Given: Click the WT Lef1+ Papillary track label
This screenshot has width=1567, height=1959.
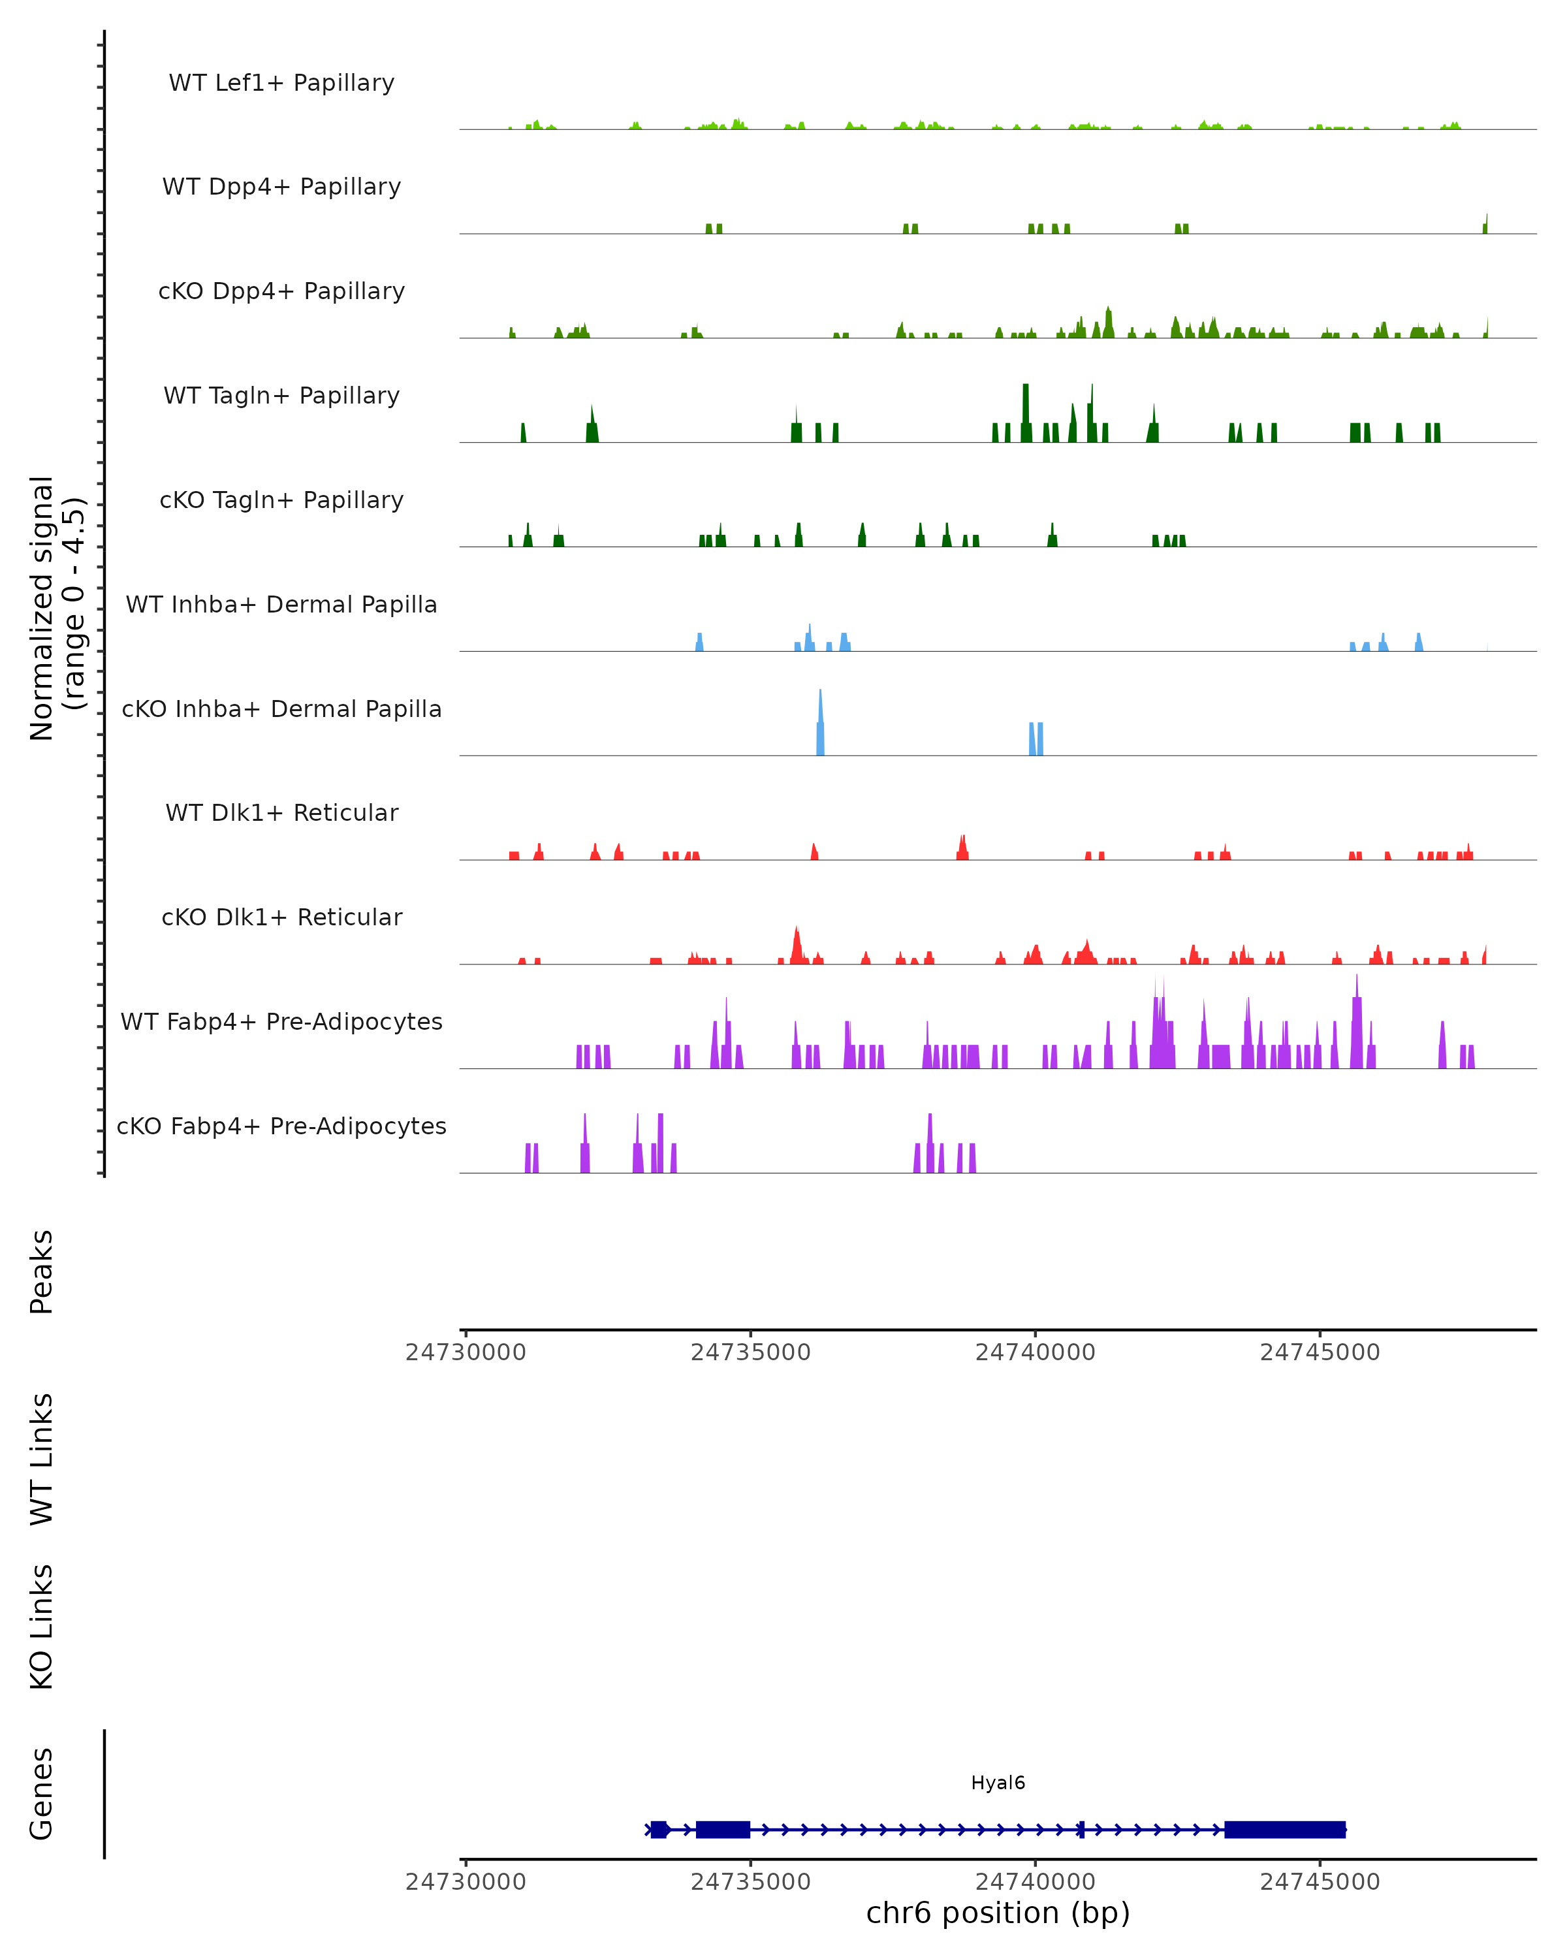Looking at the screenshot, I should coord(281,83).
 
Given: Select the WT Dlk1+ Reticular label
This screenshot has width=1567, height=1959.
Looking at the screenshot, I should coord(281,812).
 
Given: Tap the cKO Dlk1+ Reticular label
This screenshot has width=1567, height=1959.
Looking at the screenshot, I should coord(281,917).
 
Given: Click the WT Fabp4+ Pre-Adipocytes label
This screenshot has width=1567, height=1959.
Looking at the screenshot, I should coord(281,1021).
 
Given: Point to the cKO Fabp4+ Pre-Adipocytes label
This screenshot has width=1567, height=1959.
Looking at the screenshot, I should coord(281,1126).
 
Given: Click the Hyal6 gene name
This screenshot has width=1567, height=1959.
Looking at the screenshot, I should coord(998,1783).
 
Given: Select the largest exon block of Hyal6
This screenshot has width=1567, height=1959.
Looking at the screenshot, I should coord(1284,1829).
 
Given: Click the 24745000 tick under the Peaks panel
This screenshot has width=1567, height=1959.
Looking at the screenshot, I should coord(1320,1352).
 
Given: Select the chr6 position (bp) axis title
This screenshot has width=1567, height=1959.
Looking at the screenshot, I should coord(998,1913).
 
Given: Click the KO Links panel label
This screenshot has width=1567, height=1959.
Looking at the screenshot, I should coord(42,1627).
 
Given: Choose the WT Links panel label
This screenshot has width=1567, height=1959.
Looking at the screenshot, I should coord(42,1460).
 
